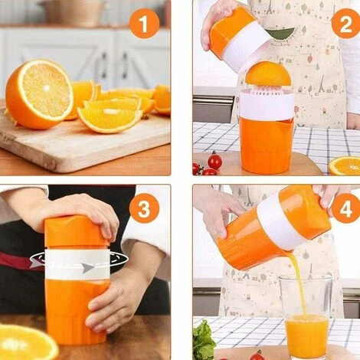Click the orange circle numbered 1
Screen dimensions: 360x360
144,24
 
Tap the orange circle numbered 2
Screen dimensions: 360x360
346,24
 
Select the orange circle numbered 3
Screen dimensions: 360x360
144,208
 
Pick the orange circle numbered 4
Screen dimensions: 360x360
347,208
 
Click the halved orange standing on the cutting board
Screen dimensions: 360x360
39,93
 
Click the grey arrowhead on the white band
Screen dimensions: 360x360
88,268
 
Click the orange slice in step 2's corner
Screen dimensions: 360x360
345,165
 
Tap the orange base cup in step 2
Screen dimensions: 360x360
267,145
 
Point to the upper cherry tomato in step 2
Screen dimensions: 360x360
214,160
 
